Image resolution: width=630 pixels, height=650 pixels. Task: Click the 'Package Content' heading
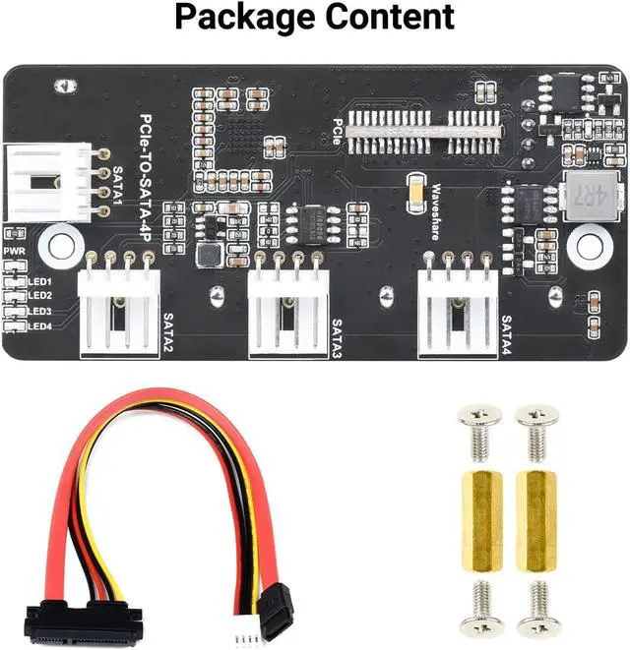[x=315, y=18]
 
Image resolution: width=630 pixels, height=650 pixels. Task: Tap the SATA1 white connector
[x=46, y=183]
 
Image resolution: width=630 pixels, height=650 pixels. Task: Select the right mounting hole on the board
[x=589, y=242]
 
